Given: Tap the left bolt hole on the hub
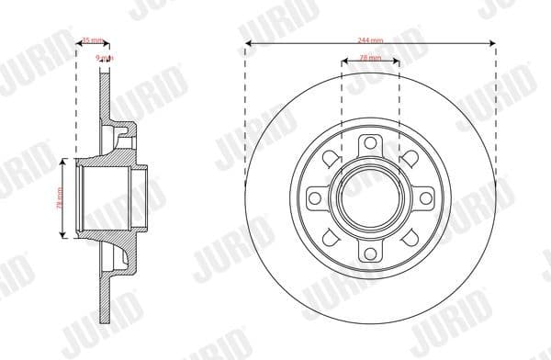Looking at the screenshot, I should pyautogui.click(x=314, y=197).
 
